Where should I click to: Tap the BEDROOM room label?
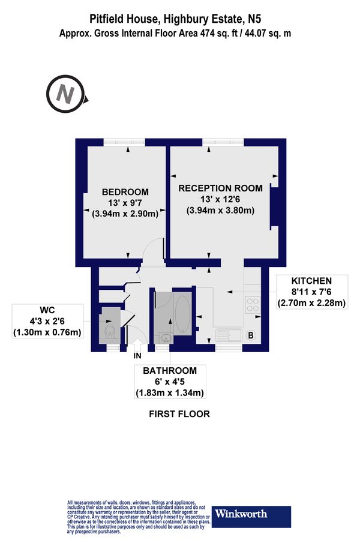(x=125, y=192)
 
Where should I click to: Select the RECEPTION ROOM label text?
(x=220, y=188)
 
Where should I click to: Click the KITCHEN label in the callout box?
(x=311, y=281)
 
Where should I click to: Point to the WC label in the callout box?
(x=47, y=311)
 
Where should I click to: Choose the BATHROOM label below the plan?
(x=169, y=371)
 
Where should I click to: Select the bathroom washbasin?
(x=164, y=338)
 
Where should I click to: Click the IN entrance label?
(x=137, y=355)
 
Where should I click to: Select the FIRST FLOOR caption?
(x=179, y=414)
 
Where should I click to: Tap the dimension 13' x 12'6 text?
(x=220, y=199)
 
